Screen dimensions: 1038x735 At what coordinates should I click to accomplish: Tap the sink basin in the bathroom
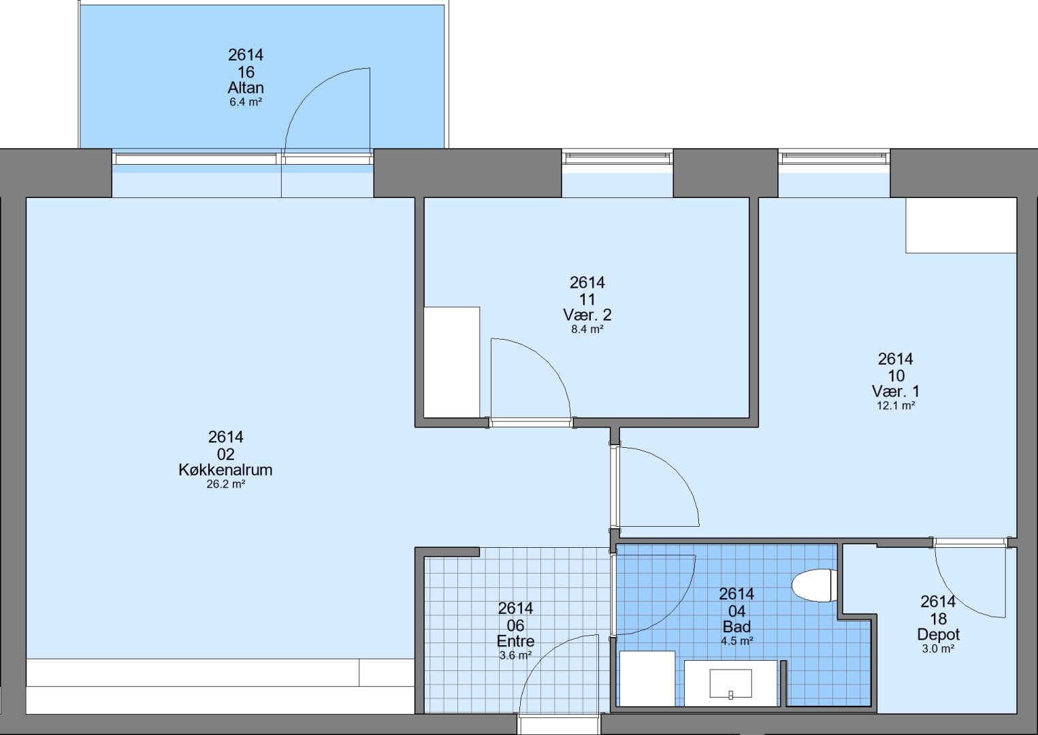(x=731, y=683)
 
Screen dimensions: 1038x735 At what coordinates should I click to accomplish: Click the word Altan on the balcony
(x=246, y=88)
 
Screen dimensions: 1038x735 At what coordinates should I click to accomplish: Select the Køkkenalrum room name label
(x=226, y=470)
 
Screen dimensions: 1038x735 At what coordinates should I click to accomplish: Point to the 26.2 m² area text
(x=226, y=485)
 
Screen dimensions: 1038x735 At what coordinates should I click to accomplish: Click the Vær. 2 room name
(x=587, y=315)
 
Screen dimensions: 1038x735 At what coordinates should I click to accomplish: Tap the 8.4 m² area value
(x=587, y=329)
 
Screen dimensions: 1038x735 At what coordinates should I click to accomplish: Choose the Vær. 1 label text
(x=896, y=391)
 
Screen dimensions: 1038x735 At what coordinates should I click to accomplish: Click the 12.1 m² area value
(x=896, y=406)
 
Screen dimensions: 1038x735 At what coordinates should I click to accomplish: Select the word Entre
(x=515, y=641)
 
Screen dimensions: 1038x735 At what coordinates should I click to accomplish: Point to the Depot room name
(x=938, y=634)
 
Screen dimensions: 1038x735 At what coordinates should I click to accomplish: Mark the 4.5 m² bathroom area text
(x=736, y=641)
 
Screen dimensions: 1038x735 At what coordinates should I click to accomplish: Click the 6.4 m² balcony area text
(x=246, y=102)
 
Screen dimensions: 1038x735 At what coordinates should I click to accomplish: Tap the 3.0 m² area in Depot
(x=938, y=649)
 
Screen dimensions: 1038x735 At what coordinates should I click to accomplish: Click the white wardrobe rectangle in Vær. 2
(x=452, y=362)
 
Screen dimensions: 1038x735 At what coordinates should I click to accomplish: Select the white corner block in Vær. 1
(x=961, y=225)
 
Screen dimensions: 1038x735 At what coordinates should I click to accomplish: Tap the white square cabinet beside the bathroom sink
(x=647, y=679)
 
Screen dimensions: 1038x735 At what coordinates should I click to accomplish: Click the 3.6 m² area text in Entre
(x=515, y=655)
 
